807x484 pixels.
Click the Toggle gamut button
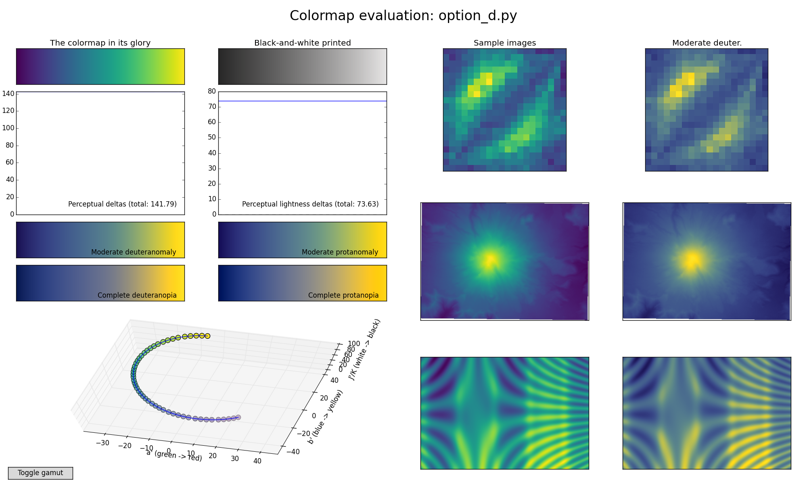[x=40, y=473]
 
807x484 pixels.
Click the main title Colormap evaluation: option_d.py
[x=403, y=16]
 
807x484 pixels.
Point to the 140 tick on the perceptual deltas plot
[x=10, y=94]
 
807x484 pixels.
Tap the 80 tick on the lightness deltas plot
[x=212, y=91]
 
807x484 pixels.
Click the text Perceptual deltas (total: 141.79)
[x=122, y=204]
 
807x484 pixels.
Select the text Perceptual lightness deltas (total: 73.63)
[x=310, y=204]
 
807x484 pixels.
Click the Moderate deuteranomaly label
[x=134, y=252]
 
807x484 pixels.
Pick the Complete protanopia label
[x=343, y=295]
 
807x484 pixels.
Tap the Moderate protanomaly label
[x=340, y=252]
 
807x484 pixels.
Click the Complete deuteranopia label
[x=137, y=295]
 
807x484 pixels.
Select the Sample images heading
[x=504, y=43]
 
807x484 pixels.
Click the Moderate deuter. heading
[x=707, y=43]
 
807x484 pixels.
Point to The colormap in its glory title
[x=100, y=43]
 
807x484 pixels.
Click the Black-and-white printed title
[x=302, y=43]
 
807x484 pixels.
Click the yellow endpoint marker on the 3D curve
[x=207, y=336]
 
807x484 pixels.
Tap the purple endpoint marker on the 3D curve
[x=238, y=417]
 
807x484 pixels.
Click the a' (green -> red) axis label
[x=174, y=456]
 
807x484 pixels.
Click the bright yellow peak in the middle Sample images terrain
[x=490, y=259]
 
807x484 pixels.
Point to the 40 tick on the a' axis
[x=257, y=461]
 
